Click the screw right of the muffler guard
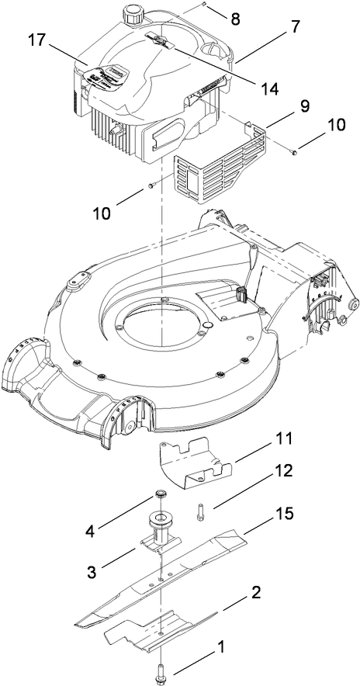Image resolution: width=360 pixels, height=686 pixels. [x=296, y=153]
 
